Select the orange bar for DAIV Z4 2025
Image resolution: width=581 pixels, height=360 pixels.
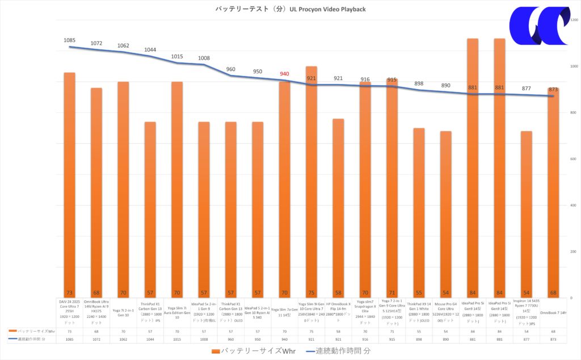click(x=69, y=182)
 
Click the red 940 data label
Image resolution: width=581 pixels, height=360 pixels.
click(x=284, y=74)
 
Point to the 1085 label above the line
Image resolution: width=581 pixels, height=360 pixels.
click(x=69, y=40)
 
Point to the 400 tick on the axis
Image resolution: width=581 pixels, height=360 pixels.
click(x=572, y=205)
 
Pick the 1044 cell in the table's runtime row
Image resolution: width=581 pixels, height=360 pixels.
click(x=150, y=338)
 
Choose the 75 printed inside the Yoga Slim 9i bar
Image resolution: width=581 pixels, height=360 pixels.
click(x=311, y=293)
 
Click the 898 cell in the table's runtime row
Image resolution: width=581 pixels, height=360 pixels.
click(x=419, y=338)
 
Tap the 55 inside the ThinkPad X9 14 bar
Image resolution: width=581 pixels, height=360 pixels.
click(x=419, y=293)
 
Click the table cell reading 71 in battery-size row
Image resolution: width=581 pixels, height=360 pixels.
click(x=392, y=330)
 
